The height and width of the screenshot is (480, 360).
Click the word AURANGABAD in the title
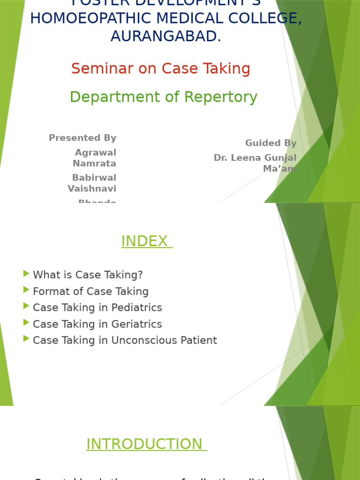point(165,36)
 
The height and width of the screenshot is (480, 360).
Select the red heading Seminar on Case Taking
point(161,68)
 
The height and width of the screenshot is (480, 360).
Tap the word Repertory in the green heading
point(220,97)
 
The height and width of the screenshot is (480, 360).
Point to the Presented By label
point(82,138)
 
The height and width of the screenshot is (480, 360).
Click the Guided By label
point(270,143)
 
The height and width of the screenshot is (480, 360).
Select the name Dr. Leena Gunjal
point(255,158)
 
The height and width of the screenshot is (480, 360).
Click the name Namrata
point(94,164)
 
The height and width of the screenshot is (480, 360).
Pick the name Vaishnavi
point(92,188)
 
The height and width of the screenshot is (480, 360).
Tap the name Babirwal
point(94,178)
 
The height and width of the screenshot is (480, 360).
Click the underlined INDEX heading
point(147,241)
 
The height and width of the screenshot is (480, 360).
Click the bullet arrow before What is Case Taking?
point(26,274)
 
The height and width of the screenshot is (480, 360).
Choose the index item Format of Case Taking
point(90,292)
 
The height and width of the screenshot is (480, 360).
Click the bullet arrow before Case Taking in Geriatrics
point(26,323)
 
